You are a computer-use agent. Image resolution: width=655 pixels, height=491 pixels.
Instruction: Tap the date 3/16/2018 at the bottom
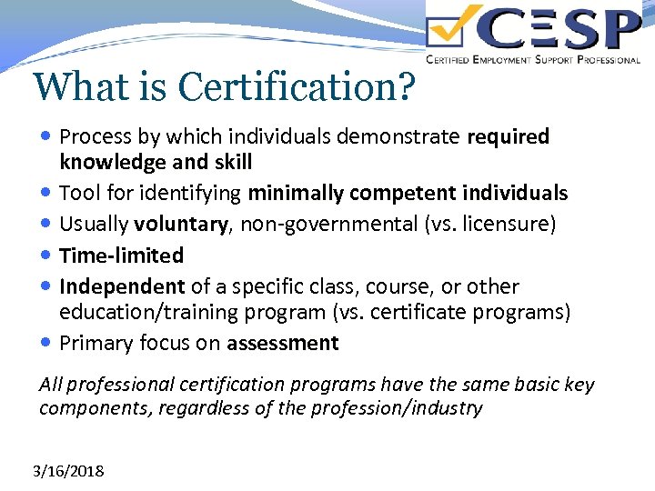click(68, 471)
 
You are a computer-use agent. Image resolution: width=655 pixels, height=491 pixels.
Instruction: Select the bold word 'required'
click(508, 137)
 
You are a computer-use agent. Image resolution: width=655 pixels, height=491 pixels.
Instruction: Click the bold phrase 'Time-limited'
click(121, 256)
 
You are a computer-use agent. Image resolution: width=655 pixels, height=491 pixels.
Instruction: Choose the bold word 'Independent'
click(122, 286)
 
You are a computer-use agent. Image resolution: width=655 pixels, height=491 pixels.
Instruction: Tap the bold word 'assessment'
click(282, 344)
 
